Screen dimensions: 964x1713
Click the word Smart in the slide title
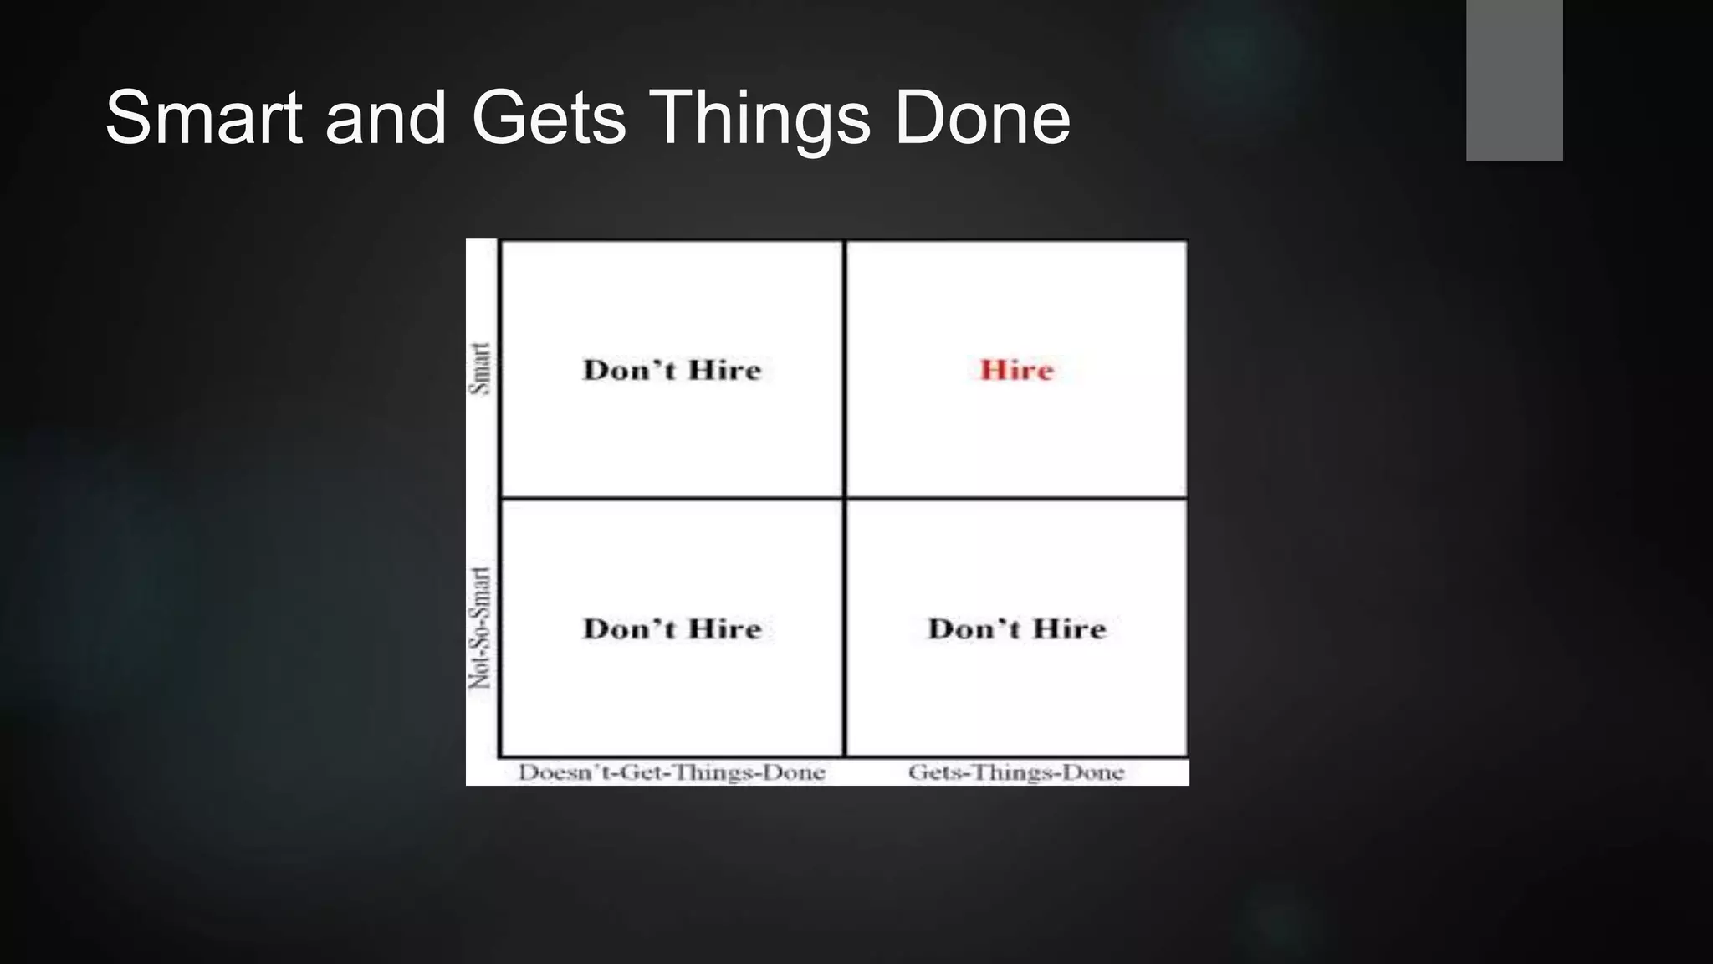click(203, 118)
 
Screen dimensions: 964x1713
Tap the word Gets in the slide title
click(548, 118)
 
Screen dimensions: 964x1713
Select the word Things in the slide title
click(759, 120)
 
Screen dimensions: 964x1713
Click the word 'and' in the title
click(386, 118)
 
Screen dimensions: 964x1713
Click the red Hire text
click(1016, 370)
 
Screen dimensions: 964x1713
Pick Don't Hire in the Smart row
click(672, 370)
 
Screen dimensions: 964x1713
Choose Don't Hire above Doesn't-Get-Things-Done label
click(672, 628)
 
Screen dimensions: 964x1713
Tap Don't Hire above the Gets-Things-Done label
click(1016, 628)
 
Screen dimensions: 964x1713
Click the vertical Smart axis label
click(480, 368)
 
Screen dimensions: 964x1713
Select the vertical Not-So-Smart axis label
click(480, 628)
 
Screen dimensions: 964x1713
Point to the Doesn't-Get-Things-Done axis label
click(672, 772)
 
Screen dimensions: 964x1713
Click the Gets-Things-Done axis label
click(1016, 772)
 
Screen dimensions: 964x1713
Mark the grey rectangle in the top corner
click(1514, 79)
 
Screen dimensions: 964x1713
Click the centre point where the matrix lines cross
click(845, 499)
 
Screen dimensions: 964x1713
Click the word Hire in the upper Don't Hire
click(724, 370)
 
